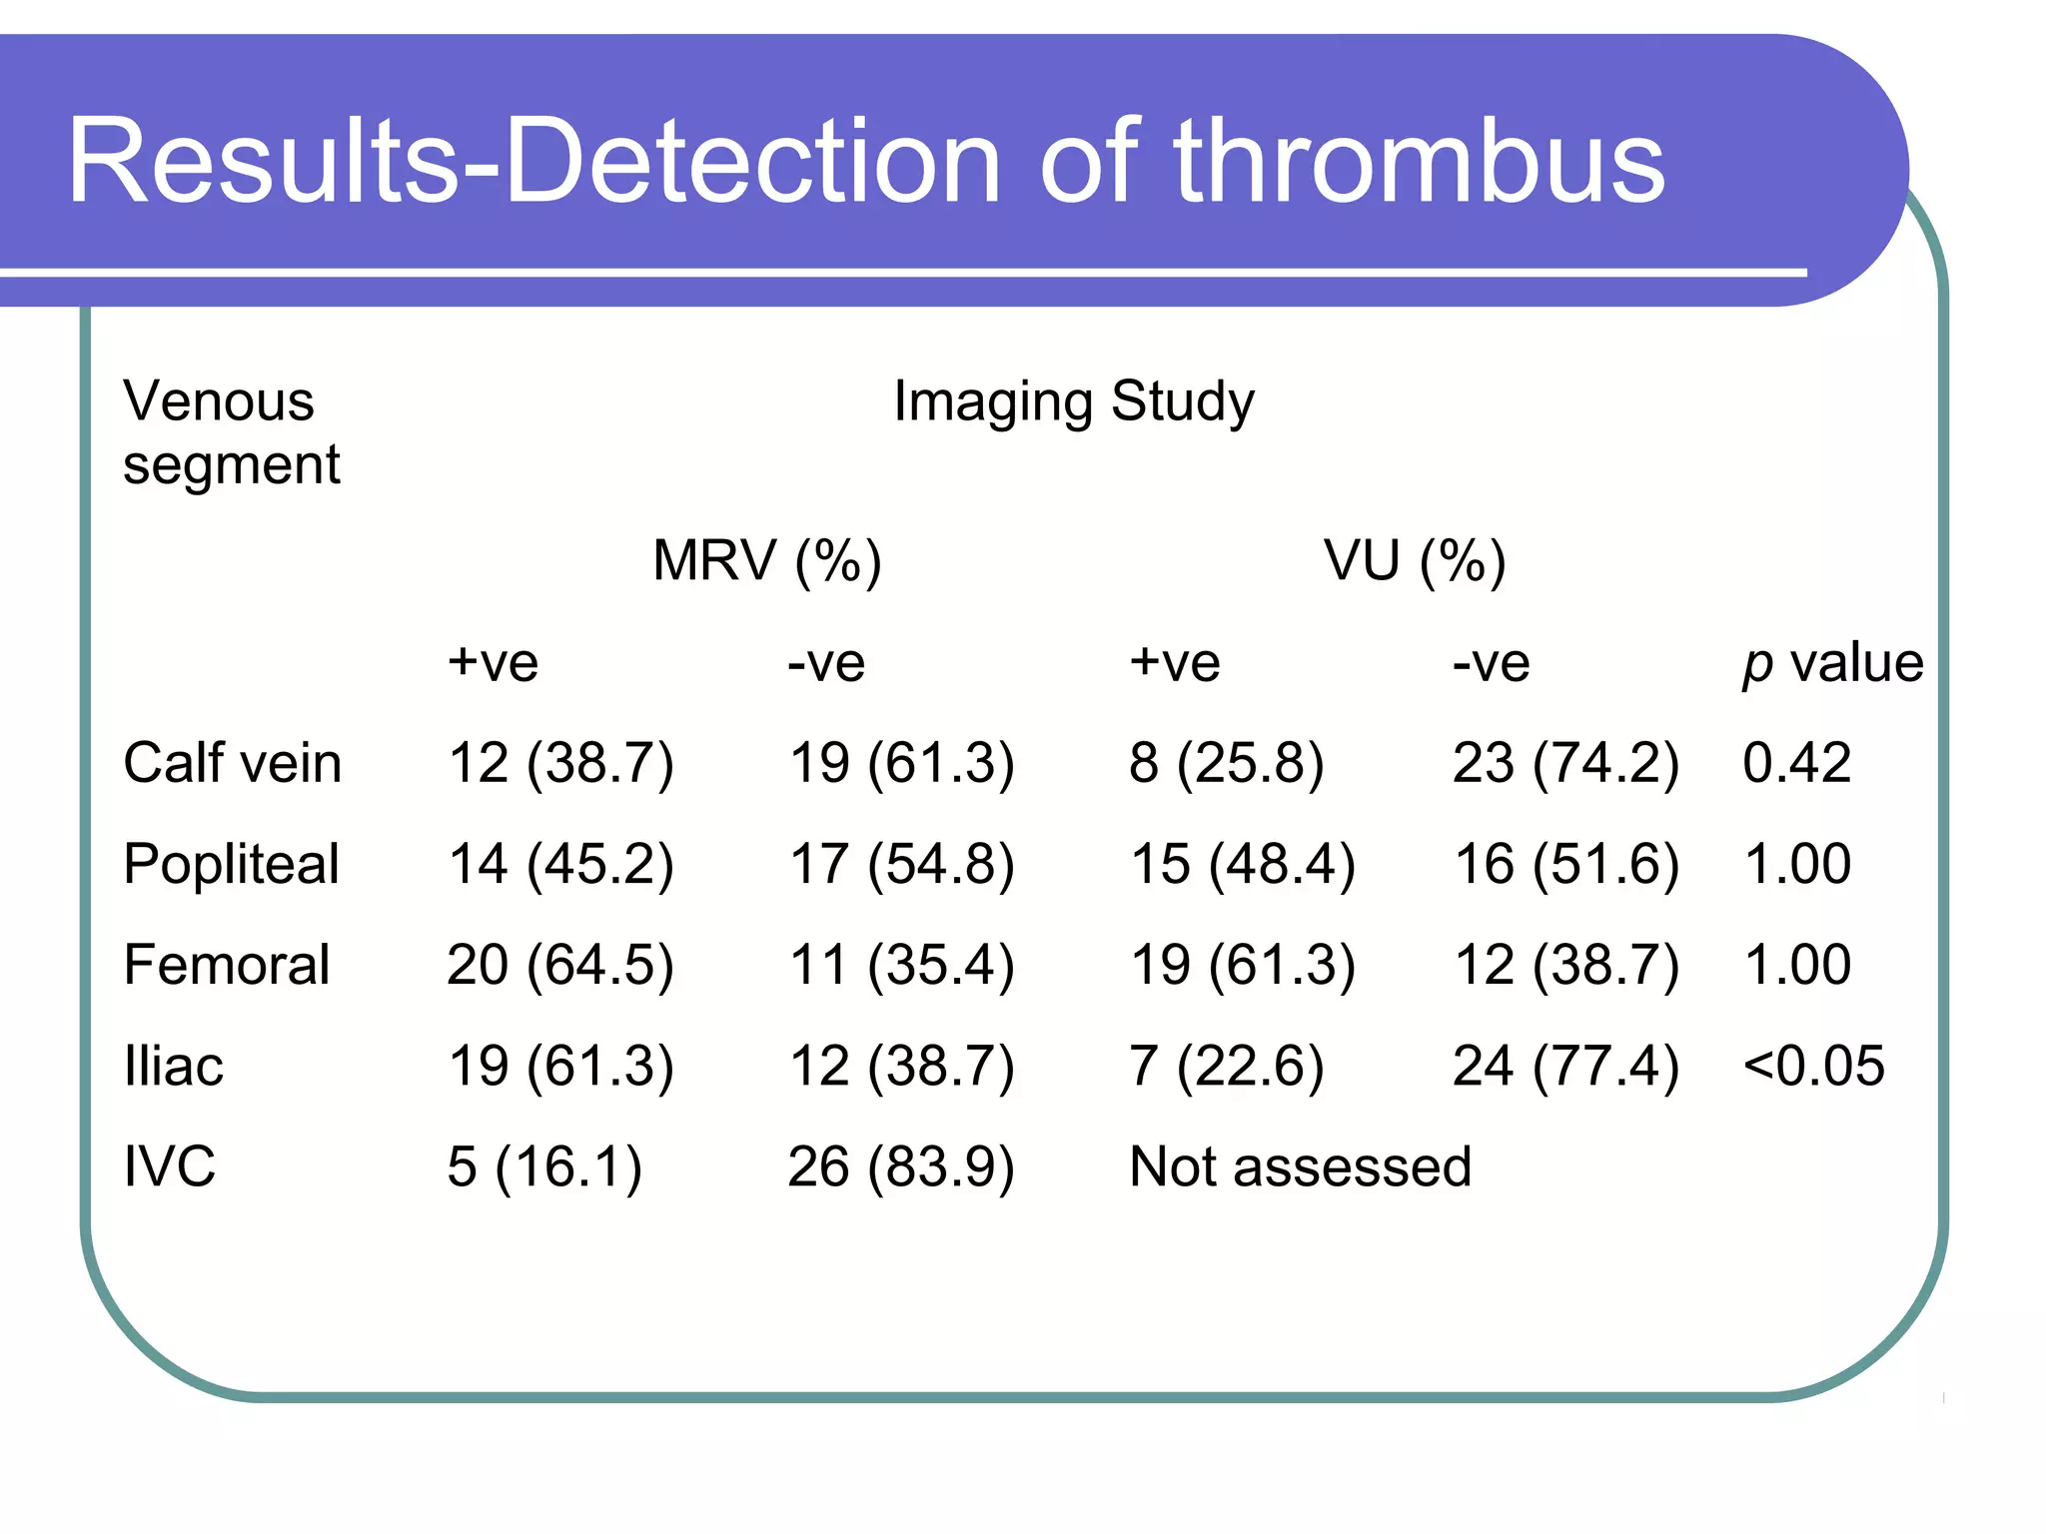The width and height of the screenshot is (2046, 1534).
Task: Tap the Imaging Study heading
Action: pyautogui.click(x=1073, y=401)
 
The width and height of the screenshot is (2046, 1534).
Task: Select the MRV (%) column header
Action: pyautogui.click(x=766, y=560)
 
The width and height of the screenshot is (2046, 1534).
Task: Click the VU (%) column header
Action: pyautogui.click(x=1414, y=560)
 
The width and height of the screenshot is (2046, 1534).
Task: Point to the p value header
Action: pyautogui.click(x=1831, y=663)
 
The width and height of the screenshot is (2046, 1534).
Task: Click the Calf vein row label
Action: pyautogui.click(x=232, y=763)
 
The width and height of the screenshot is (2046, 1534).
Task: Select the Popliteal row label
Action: pyautogui.click(x=231, y=864)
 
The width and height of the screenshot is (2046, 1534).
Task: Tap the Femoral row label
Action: pyautogui.click(x=226, y=965)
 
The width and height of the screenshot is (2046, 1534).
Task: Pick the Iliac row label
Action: pyautogui.click(x=173, y=1066)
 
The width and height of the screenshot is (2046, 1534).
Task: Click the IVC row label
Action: pyautogui.click(x=169, y=1166)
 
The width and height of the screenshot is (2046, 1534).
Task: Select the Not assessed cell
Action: pyautogui.click(x=1300, y=1166)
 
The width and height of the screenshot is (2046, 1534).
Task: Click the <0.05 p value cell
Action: pyautogui.click(x=1813, y=1066)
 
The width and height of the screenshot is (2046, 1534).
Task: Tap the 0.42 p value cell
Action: pyautogui.click(x=1796, y=763)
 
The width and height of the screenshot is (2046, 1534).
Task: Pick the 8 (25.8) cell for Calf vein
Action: pyautogui.click(x=1226, y=763)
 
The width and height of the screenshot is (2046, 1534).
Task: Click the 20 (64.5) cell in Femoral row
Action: pyautogui.click(x=559, y=965)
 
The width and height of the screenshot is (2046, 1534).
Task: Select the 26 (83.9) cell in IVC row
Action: pyautogui.click(x=900, y=1166)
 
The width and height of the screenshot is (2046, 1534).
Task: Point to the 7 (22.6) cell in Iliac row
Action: pyautogui.click(x=1226, y=1066)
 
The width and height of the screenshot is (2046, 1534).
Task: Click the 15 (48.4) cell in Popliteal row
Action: pyautogui.click(x=1242, y=864)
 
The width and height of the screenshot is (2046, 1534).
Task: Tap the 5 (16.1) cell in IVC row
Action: pyautogui.click(x=543, y=1166)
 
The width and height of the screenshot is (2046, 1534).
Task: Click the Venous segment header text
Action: pyautogui.click(x=231, y=432)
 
